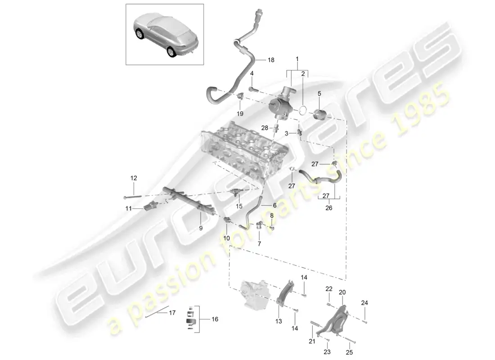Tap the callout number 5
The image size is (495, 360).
319,94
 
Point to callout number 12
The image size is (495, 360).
133,178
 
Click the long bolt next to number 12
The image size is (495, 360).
131,196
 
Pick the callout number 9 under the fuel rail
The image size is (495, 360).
201,228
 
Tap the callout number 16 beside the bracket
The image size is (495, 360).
215,319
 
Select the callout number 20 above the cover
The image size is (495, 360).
342,292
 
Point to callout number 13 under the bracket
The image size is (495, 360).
279,321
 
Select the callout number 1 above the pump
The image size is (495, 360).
297,59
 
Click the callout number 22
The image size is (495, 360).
329,288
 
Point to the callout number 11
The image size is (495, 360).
129,208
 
